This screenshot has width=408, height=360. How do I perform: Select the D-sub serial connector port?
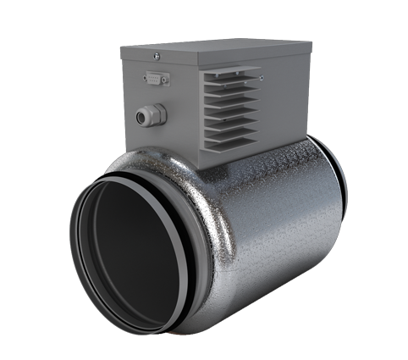[x=156, y=79]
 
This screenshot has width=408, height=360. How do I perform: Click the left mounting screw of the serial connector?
[x=146, y=79]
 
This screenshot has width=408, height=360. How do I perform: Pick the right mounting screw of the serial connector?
[x=166, y=80]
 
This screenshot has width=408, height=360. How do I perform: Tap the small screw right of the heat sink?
[x=262, y=80]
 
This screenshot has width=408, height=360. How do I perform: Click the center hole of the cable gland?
[x=147, y=114]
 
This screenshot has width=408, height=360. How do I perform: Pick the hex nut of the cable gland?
[x=156, y=113]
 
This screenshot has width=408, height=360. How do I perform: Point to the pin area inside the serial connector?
[x=156, y=79]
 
